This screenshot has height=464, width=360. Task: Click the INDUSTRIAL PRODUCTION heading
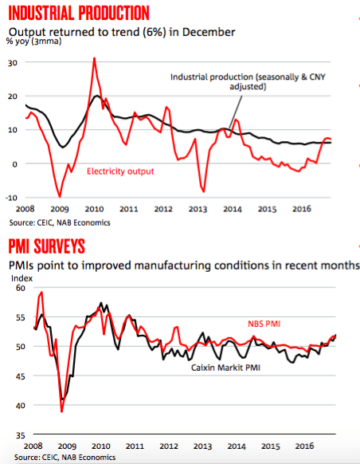(79, 13)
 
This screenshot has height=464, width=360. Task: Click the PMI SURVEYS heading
(47, 246)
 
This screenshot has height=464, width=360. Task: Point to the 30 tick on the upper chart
(13, 63)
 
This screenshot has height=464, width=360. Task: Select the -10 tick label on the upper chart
(11, 198)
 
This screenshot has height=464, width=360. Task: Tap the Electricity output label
(120, 171)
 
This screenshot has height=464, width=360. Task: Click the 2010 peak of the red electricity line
(94, 58)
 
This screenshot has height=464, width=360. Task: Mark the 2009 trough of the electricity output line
(60, 196)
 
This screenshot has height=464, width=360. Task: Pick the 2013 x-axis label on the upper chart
(198, 209)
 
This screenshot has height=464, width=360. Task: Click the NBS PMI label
(264, 324)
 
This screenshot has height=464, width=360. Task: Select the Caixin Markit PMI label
(225, 368)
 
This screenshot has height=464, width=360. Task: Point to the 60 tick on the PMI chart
(20, 288)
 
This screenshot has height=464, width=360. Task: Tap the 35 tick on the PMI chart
(20, 435)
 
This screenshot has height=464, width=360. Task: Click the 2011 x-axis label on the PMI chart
(135, 446)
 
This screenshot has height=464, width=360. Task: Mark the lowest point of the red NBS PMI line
(61, 411)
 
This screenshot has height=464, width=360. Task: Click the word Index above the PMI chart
(22, 278)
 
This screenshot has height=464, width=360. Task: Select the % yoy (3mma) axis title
(34, 41)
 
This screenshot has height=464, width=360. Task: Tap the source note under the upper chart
(60, 222)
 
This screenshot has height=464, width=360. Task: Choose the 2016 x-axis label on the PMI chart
(304, 446)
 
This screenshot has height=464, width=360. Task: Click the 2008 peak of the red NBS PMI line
(41, 292)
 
